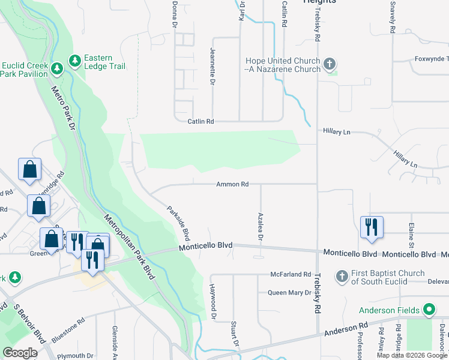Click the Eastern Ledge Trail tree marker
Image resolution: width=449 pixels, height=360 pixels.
75,61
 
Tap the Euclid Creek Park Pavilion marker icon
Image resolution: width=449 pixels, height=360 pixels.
57,69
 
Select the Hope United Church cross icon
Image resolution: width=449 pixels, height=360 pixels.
329,64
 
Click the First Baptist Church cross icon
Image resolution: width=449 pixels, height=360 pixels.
342,276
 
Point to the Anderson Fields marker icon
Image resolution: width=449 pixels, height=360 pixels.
429,310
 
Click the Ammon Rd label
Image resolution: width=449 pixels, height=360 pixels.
232,184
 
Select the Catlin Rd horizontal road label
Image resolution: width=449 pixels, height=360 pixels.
200,121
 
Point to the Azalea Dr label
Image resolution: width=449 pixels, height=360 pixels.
261,226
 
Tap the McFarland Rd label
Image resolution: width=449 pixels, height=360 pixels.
290,274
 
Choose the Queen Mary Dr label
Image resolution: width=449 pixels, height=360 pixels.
289,293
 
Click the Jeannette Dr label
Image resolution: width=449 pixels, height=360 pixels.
212,65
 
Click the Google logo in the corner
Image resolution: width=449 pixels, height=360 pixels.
20,353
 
